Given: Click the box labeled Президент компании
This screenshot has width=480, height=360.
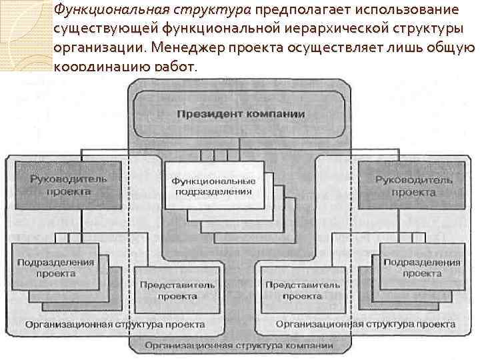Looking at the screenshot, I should click(240, 114).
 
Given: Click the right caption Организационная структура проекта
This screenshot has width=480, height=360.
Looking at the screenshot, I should click(365, 324).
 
